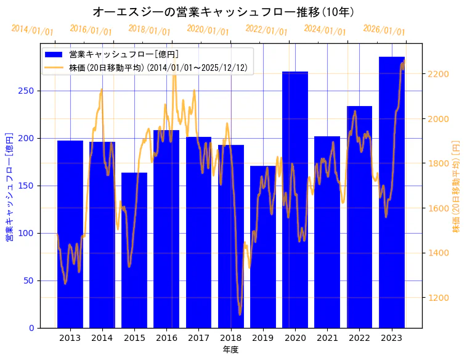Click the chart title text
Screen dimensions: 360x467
coord(223,12)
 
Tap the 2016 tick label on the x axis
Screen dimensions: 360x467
coord(166,338)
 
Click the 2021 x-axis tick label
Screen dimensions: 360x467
coord(327,338)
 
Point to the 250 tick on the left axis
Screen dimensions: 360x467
coord(27,91)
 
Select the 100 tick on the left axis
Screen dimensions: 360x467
coord(27,233)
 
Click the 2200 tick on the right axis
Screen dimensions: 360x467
coord(438,74)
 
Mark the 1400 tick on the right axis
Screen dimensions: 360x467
coord(438,253)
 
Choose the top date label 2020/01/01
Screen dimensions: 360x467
coord(208,30)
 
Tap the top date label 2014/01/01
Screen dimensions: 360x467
coord(32,30)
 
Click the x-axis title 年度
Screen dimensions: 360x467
coord(230,350)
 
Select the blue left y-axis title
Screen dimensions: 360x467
coord(9,186)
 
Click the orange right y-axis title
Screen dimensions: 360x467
coord(457,186)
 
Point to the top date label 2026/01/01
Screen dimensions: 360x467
coord(384,30)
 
